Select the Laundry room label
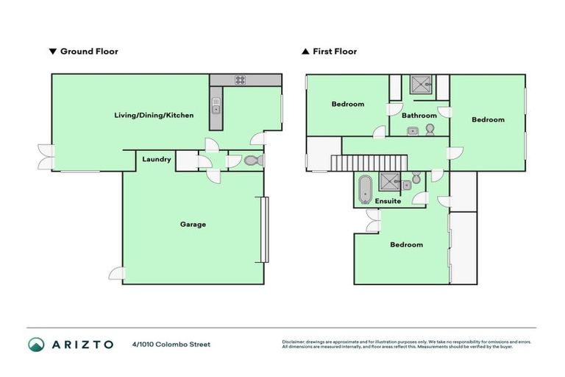[x=157, y=159]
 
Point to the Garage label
[x=193, y=224]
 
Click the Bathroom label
[x=419, y=116]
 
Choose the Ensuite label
[x=388, y=200]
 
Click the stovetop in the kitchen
[x=240, y=80]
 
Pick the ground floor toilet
[x=252, y=161]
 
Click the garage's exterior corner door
[x=116, y=273]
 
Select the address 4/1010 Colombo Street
[x=171, y=344]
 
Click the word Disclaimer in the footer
[x=294, y=342]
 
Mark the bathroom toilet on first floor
[x=430, y=130]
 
